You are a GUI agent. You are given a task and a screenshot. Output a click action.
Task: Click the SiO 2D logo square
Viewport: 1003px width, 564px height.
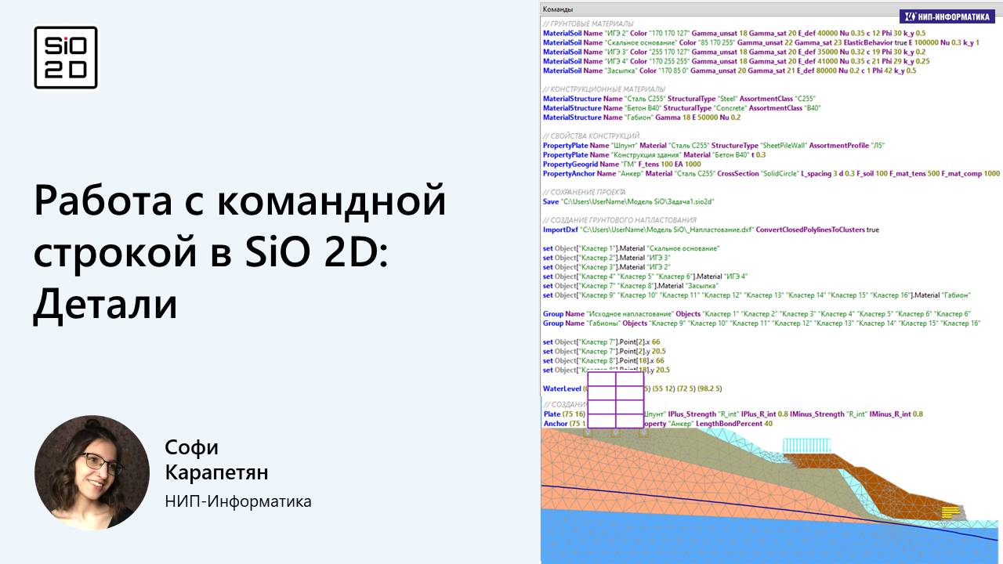66,57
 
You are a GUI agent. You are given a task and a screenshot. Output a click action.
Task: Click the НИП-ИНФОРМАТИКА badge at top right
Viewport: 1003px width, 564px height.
947,16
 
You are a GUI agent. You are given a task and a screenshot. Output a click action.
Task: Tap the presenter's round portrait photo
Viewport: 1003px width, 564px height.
92,472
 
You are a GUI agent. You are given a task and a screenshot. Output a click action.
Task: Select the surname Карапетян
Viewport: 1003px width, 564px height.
216,473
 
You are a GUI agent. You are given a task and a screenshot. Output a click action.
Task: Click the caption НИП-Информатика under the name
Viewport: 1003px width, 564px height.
238,501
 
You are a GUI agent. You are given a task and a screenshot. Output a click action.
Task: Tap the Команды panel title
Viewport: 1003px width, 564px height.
557,9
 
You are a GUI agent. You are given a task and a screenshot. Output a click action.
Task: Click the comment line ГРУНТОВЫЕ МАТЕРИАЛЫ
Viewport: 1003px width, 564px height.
588,23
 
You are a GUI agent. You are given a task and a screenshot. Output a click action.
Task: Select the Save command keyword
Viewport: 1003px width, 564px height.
551,201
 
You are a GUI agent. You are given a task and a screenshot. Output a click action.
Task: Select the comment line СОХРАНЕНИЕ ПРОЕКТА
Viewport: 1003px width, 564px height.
584,192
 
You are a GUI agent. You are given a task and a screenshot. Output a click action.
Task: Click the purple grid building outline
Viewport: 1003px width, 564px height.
615,399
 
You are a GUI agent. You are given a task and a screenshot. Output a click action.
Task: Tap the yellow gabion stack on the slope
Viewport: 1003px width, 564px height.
950,511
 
